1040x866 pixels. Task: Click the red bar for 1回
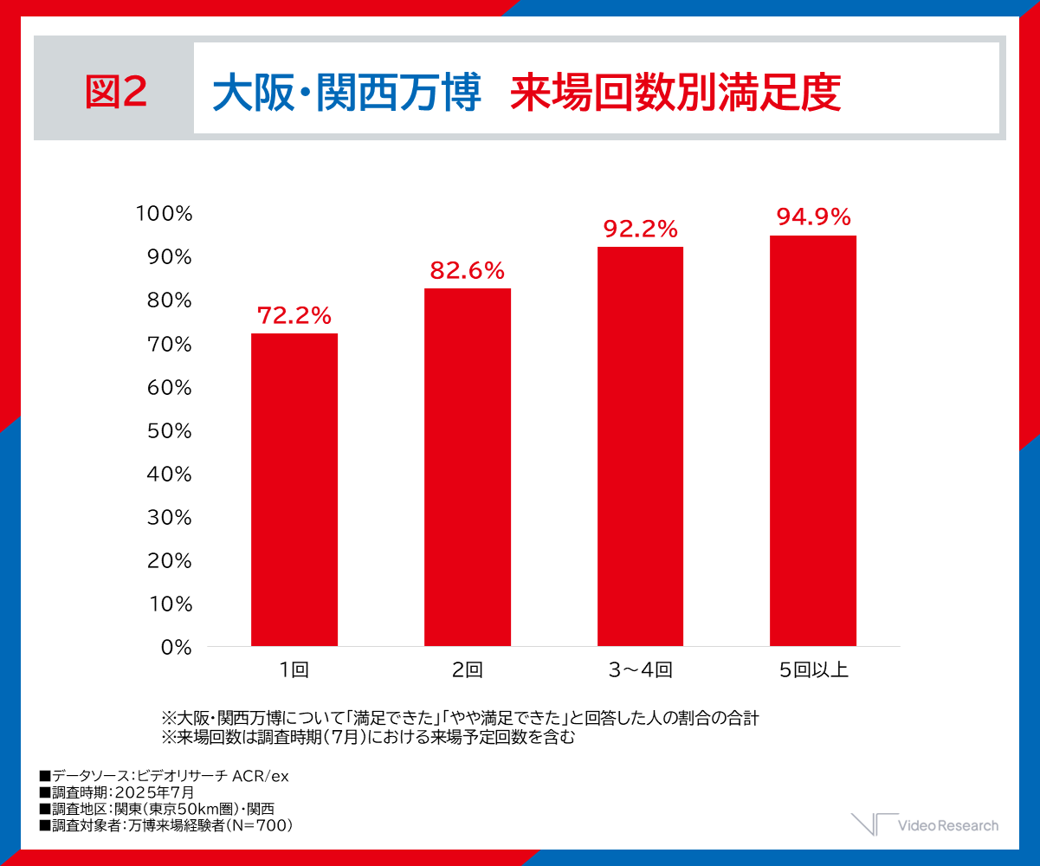pyautogui.click(x=294, y=489)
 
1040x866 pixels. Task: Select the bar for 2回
pyautogui.click(x=468, y=467)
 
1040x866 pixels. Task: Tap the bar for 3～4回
pyautogui.click(x=640, y=446)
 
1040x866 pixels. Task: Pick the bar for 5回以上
pyautogui.click(x=813, y=440)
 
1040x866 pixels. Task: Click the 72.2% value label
pyautogui.click(x=294, y=316)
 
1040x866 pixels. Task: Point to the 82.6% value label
pyautogui.click(x=468, y=271)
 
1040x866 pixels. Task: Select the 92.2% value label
pyautogui.click(x=640, y=229)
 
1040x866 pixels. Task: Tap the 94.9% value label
pyautogui.click(x=813, y=217)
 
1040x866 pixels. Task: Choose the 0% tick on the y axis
pyautogui.click(x=175, y=647)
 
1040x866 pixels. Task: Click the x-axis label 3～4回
pyautogui.click(x=640, y=669)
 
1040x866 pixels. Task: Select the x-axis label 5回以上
pyautogui.click(x=813, y=669)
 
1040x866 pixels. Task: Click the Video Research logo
pyautogui.click(x=925, y=824)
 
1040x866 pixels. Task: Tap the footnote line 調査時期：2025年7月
pyautogui.click(x=117, y=792)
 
